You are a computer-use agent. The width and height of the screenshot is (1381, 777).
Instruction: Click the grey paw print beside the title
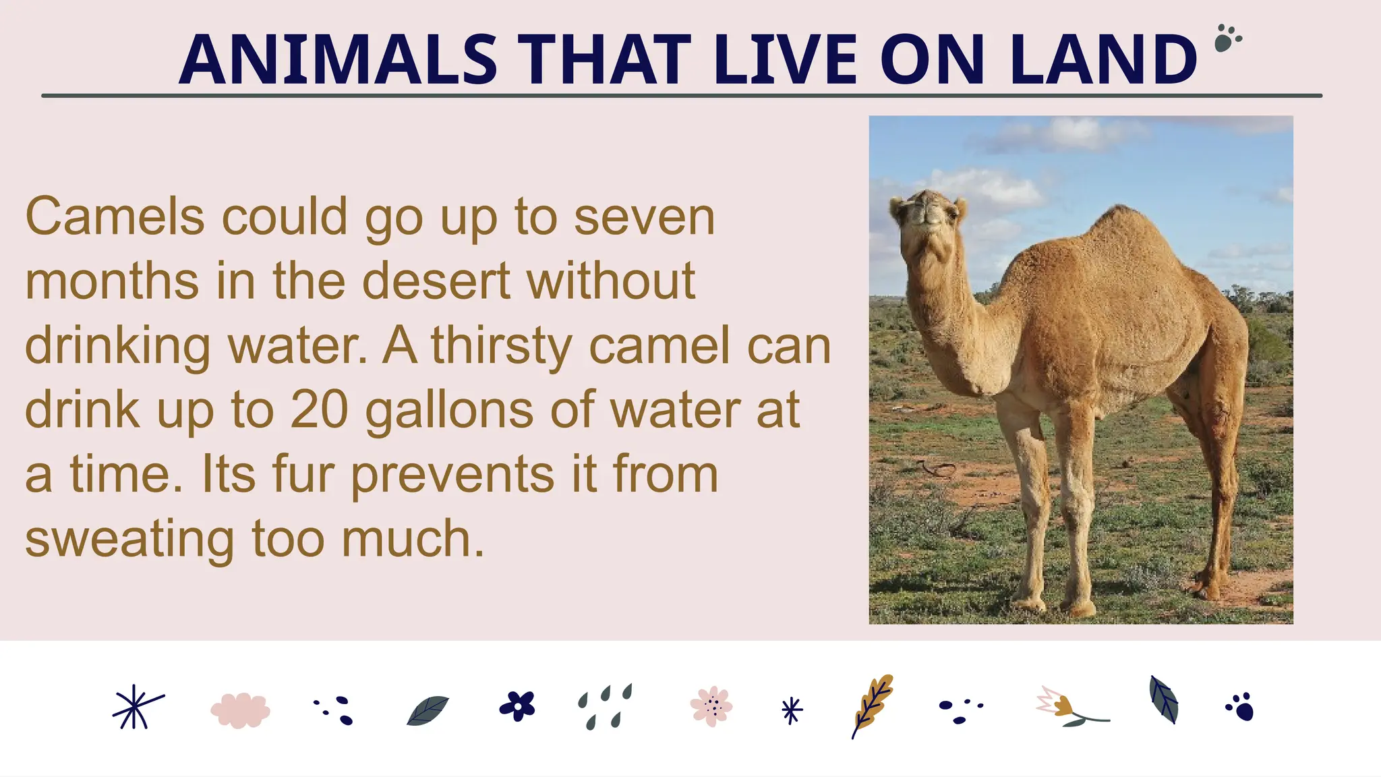point(1227,38)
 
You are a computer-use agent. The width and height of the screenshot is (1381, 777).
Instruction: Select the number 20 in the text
point(319,409)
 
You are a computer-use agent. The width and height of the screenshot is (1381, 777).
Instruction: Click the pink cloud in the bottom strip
point(240,710)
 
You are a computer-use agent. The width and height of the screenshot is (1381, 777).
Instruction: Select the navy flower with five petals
point(517,706)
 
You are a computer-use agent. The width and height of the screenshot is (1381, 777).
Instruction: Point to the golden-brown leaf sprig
point(873,705)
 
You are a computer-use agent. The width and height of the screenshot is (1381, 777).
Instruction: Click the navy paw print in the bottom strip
point(1241,707)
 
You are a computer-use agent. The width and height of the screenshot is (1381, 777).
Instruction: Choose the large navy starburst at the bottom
point(136,708)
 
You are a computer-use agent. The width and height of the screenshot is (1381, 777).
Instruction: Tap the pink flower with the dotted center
point(711,706)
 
